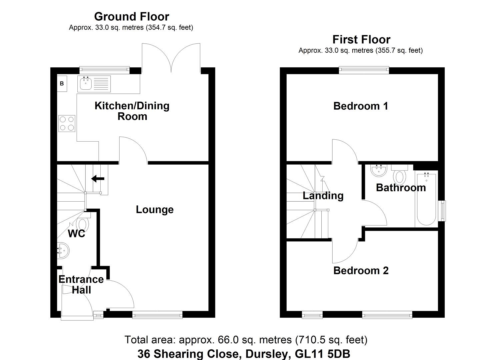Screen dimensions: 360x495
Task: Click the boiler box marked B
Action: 62,84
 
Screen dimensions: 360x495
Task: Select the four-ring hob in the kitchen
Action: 67,123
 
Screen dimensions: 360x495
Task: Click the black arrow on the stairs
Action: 98,179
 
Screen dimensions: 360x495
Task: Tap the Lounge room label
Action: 155,210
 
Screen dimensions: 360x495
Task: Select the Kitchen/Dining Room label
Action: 132,111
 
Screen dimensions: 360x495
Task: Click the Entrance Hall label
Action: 81,284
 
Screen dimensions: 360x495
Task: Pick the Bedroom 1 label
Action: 361,106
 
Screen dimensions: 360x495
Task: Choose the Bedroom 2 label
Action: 361,270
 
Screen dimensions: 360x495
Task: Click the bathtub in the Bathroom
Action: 426,199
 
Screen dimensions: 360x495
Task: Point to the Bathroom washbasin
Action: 379,171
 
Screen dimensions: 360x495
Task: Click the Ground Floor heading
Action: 131,16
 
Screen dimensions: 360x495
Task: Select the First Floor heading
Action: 361,39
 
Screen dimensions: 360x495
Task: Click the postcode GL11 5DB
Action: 323,354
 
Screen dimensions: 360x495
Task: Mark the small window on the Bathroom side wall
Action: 442,211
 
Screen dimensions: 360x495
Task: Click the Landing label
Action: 323,196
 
